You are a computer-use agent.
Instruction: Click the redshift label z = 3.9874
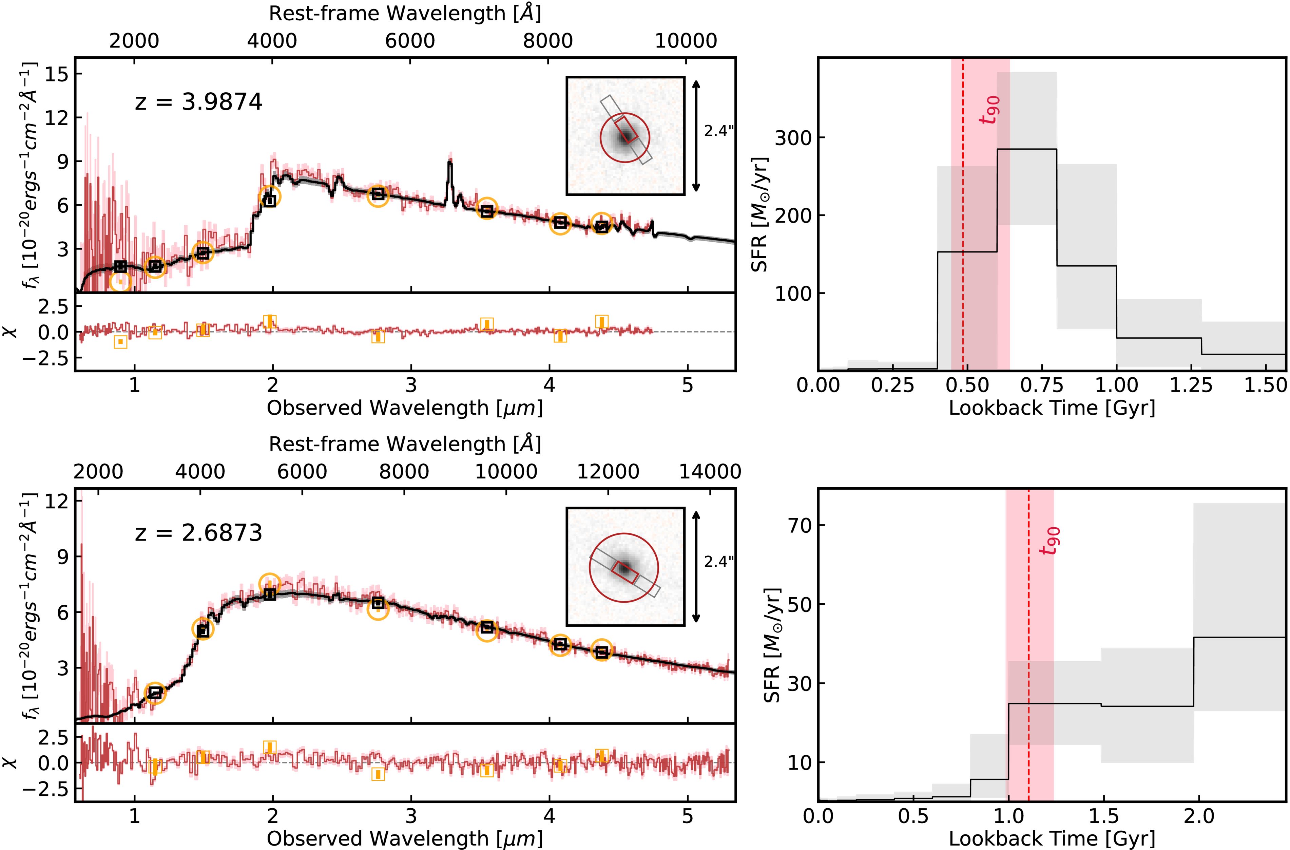198,102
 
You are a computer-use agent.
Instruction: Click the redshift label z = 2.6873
198,533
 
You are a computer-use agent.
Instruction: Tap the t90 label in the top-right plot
990,110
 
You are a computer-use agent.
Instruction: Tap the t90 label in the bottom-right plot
1050,541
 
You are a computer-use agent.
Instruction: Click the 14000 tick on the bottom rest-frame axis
710,472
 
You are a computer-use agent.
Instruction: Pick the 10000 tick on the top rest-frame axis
686,41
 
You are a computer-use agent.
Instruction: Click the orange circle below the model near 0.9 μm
120,281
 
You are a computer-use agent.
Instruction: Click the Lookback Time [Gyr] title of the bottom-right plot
1052,838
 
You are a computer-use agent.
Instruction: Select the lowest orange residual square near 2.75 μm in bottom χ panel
378,774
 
